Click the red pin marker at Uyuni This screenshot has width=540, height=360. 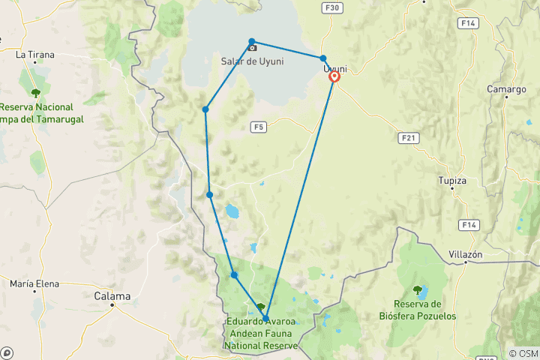[x=334, y=76]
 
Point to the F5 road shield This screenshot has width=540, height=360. [x=259, y=127]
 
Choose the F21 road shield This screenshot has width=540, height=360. [x=409, y=138]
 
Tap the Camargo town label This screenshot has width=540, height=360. [x=506, y=89]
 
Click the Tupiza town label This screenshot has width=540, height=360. [x=452, y=181]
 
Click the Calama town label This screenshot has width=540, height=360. [x=112, y=296]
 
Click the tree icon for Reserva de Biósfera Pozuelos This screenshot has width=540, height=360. [x=418, y=289]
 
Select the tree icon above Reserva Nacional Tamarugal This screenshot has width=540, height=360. [x=35, y=93]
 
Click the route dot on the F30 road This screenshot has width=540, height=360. [x=323, y=58]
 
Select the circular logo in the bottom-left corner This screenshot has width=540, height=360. [x=7, y=352]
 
